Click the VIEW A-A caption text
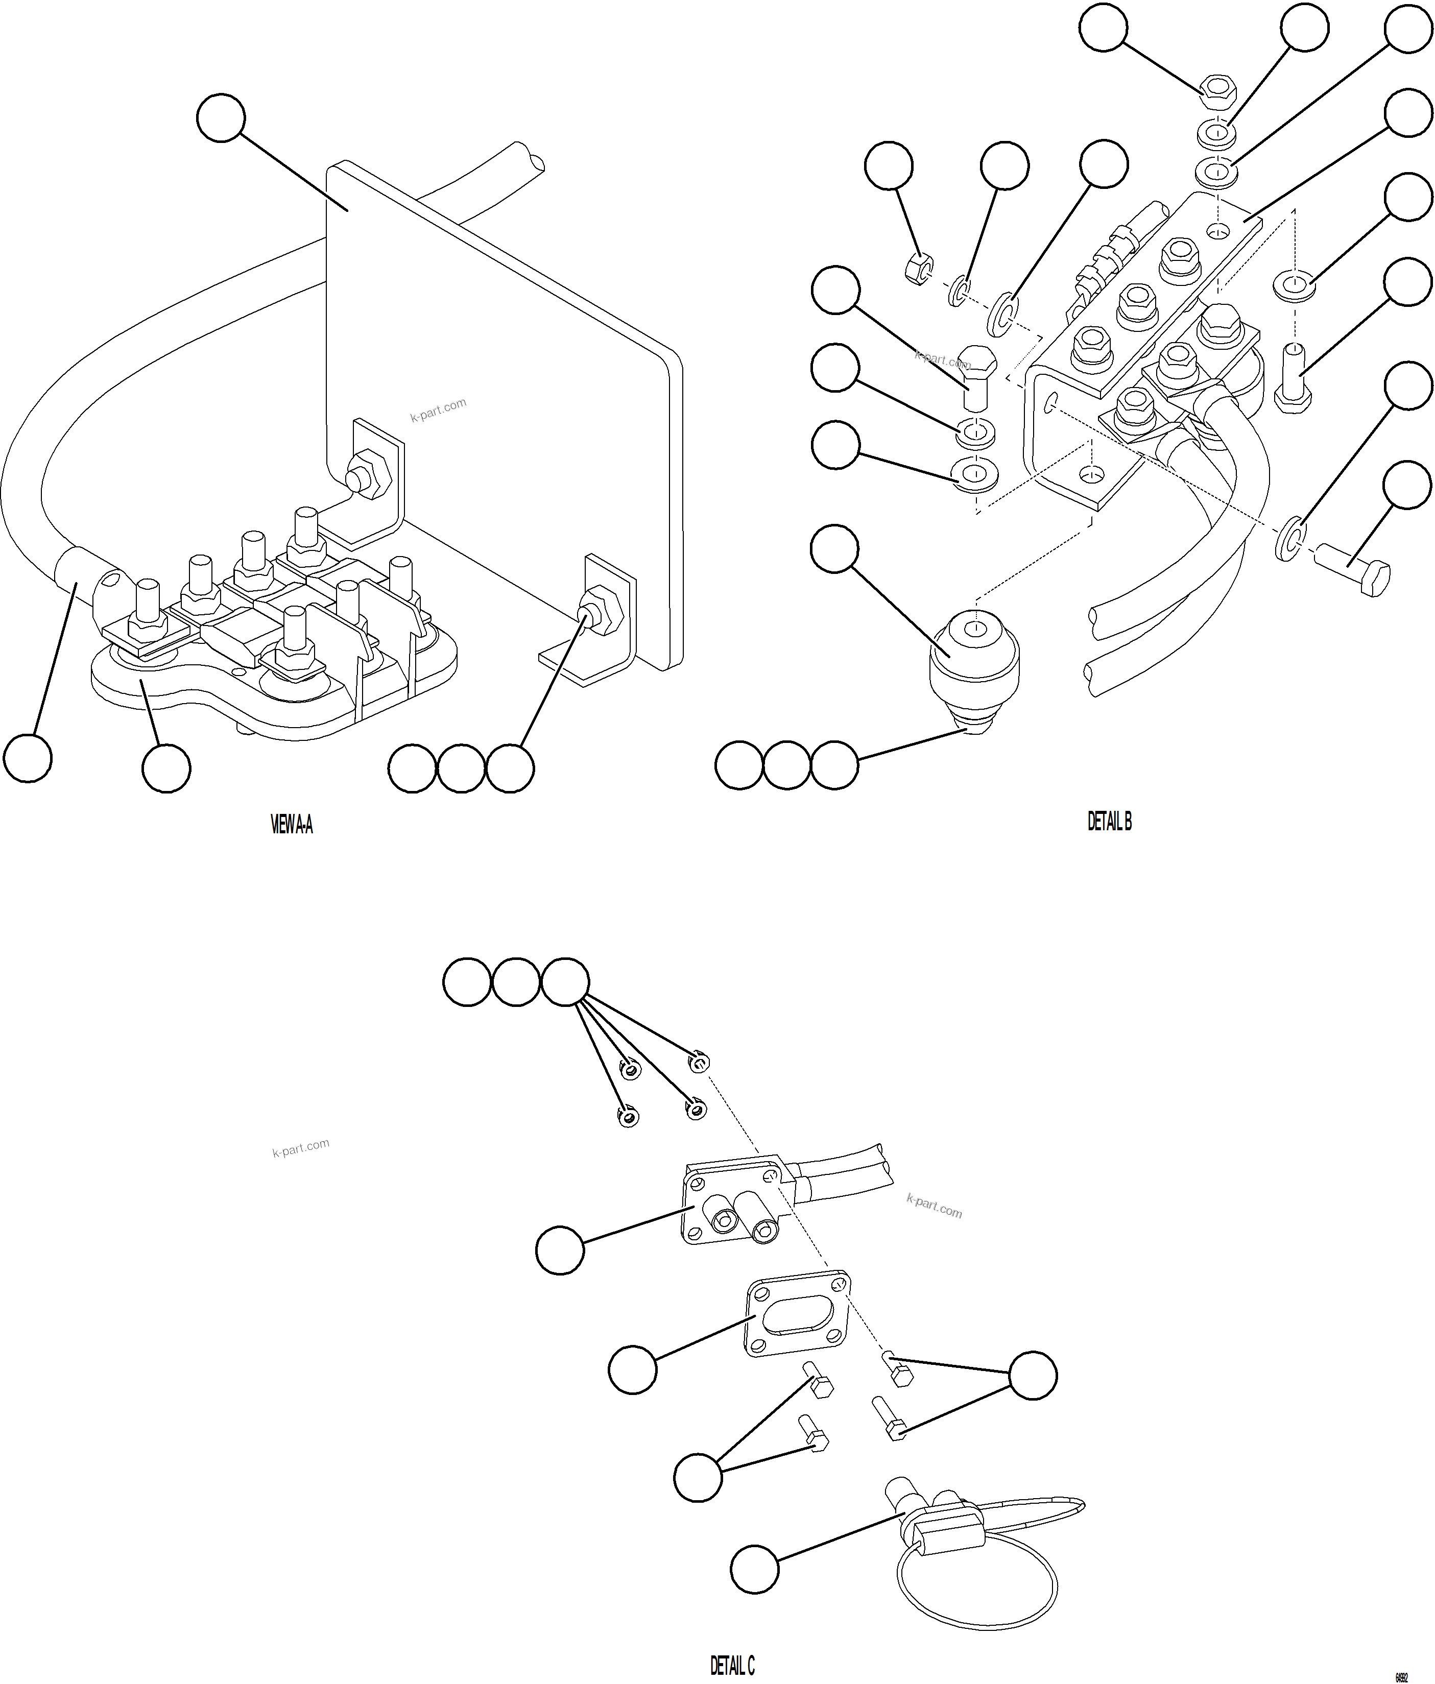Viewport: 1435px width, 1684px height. [291, 826]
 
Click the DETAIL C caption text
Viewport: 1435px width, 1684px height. [732, 1666]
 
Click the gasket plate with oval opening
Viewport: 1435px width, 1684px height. [797, 1317]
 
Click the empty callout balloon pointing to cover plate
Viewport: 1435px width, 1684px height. [220, 118]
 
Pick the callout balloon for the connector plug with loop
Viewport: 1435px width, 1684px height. [754, 1569]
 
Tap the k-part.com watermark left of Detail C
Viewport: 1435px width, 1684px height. [301, 1147]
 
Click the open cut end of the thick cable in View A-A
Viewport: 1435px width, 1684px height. [530, 157]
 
